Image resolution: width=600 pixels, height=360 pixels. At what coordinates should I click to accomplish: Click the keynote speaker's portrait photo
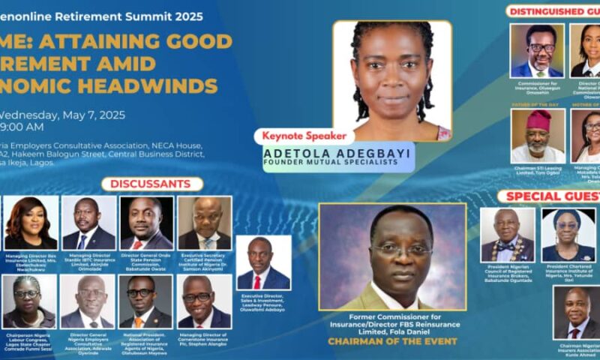(391, 79)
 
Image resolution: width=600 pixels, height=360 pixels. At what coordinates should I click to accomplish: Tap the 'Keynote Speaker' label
(304, 136)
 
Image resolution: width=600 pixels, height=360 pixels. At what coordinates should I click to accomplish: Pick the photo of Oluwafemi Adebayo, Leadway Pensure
(263, 262)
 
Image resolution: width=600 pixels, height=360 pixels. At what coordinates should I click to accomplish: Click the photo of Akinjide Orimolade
(88, 223)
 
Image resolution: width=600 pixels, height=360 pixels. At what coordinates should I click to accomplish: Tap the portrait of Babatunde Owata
(147, 223)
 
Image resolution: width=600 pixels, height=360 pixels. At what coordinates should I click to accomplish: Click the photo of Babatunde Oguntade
(508, 235)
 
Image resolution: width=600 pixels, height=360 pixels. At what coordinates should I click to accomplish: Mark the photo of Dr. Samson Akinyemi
(205, 223)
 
